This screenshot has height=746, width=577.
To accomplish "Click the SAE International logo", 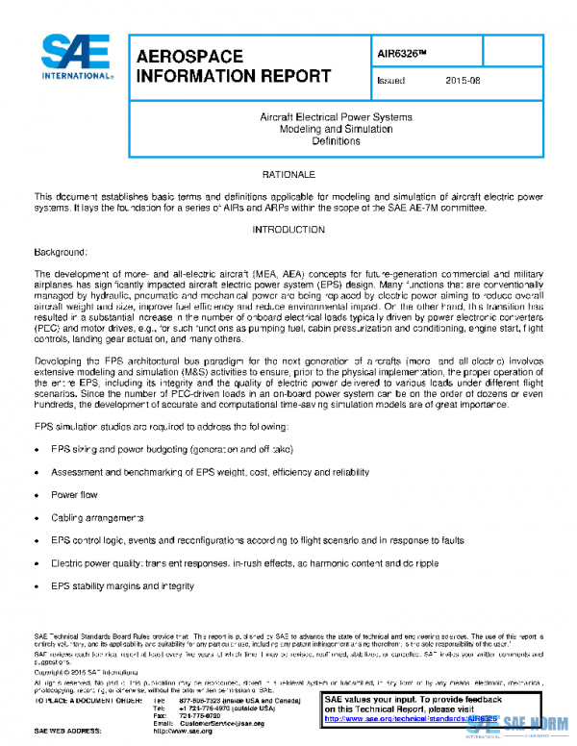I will (x=77, y=58).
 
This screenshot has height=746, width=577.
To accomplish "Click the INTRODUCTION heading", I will (x=288, y=230).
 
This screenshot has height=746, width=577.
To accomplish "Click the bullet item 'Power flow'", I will (x=74, y=494).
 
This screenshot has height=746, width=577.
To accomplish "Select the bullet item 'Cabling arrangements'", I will (x=98, y=517).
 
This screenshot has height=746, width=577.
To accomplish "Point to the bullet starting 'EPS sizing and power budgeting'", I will (x=158, y=449).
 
